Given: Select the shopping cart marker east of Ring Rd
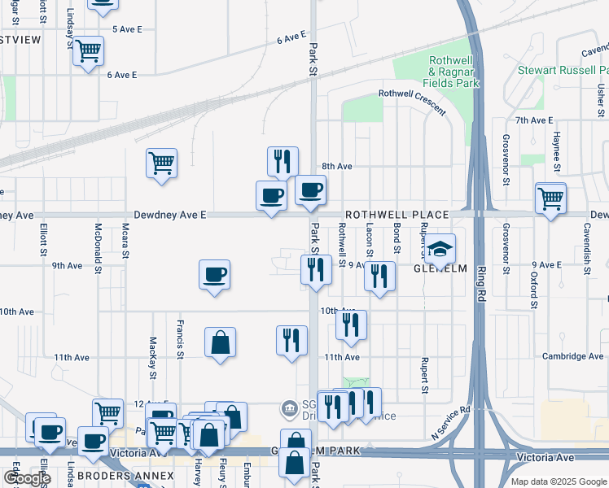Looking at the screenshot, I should (551, 197).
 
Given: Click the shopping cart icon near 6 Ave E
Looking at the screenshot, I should (89, 50).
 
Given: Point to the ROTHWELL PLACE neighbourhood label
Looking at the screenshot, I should (397, 215).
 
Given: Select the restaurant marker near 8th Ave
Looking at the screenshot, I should (283, 161).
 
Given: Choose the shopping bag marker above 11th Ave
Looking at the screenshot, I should (220, 342).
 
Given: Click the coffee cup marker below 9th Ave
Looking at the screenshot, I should (214, 275).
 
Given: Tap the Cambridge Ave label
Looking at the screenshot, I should (574, 356).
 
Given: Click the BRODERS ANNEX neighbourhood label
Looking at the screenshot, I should (126, 475).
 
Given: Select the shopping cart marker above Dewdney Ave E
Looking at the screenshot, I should (162, 163).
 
